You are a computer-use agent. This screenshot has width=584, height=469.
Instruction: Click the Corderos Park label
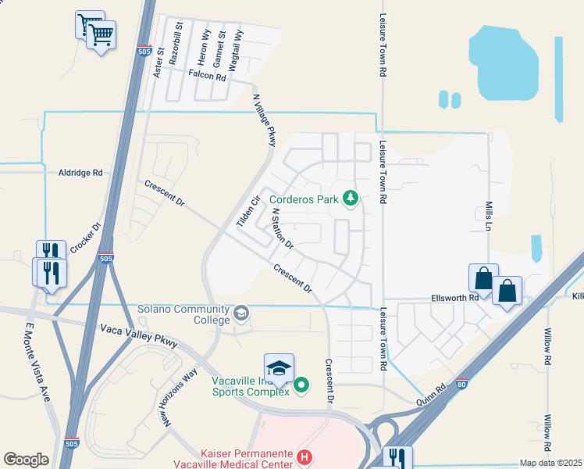point(304,199)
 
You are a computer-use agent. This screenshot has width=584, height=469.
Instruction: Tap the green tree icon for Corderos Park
point(351,199)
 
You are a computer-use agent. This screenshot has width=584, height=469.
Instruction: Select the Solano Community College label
point(183,314)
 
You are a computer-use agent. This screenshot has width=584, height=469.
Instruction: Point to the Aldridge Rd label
point(80,172)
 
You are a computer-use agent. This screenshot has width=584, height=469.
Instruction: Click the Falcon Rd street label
point(207,77)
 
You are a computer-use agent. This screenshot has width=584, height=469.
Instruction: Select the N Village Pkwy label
point(265,120)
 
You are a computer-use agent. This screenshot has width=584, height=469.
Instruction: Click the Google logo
point(26,460)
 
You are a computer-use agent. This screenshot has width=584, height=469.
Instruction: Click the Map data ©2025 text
point(550,463)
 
